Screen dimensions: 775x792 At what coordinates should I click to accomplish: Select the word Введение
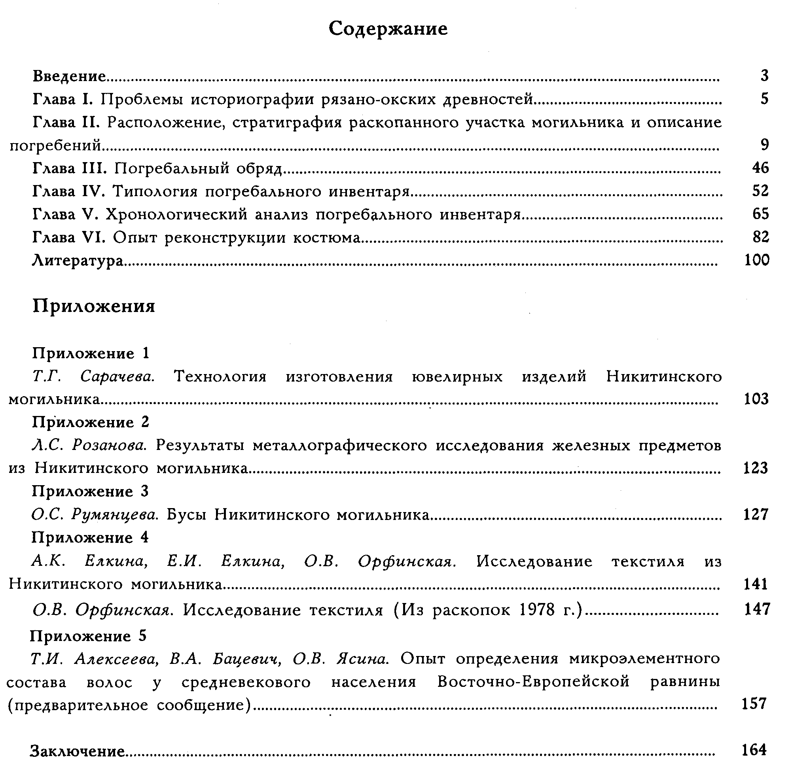(69, 76)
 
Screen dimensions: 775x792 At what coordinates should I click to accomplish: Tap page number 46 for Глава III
(760, 168)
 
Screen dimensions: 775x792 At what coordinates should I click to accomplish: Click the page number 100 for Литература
(756, 260)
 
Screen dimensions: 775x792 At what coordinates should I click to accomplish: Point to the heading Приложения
(94, 306)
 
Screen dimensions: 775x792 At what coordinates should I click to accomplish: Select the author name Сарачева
(117, 376)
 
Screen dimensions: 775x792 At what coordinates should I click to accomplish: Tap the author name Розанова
(109, 446)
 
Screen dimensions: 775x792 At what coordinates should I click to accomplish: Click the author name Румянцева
(115, 515)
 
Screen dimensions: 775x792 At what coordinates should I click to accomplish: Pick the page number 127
(756, 514)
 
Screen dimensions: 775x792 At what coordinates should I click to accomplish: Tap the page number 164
(754, 750)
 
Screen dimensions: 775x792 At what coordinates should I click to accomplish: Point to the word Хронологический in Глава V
(176, 214)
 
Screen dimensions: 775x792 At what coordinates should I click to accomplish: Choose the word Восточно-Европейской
(533, 681)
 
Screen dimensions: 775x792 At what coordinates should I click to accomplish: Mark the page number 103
(756, 399)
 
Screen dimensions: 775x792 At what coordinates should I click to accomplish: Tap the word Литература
(78, 261)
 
